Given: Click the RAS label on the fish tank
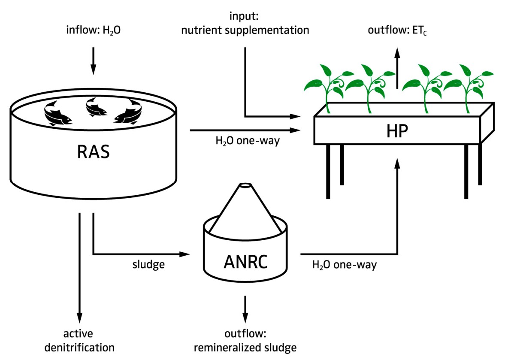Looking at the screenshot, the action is click(x=94, y=151).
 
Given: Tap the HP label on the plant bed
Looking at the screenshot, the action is click(x=397, y=130).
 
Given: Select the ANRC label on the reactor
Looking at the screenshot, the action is click(x=245, y=261).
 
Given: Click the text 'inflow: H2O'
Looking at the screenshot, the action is click(x=94, y=30).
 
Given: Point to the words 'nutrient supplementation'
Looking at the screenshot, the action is click(x=245, y=30).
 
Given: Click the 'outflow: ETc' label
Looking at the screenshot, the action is click(x=397, y=30).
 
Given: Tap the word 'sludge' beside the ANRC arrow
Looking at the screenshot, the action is click(x=148, y=265).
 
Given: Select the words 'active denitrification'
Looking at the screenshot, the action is click(x=79, y=340).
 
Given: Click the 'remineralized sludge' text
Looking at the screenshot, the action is click(x=245, y=348).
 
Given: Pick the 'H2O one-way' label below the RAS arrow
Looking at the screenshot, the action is click(x=248, y=141).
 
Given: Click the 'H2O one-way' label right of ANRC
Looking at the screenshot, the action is click(x=344, y=265).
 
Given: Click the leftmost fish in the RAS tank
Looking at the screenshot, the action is click(x=58, y=114).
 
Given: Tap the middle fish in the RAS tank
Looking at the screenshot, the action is click(x=96, y=108).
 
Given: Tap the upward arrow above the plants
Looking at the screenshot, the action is click(x=397, y=68).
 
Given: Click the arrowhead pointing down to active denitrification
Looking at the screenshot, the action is click(x=79, y=318).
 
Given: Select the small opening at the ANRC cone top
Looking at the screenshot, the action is click(x=245, y=185).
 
